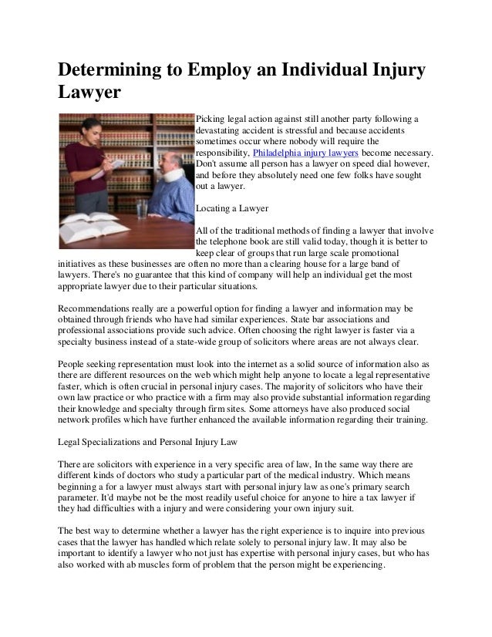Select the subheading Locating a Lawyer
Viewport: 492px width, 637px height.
[x=231, y=207]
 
